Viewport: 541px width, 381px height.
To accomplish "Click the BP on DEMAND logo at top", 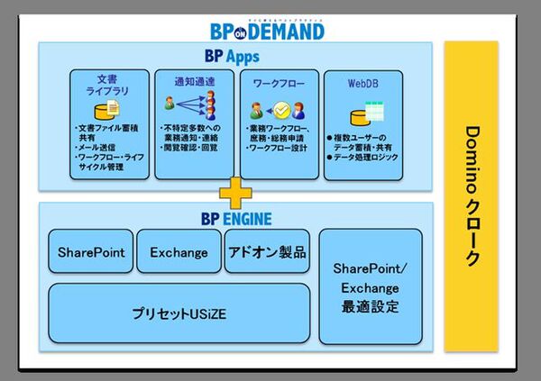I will [x=266, y=30].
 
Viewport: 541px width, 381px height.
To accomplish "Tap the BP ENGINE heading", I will [x=234, y=218].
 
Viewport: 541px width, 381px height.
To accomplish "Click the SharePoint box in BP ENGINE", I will [x=90, y=252].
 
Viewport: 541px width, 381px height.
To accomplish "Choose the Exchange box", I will [x=179, y=252].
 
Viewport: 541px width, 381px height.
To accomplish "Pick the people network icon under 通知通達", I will [x=189, y=107].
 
